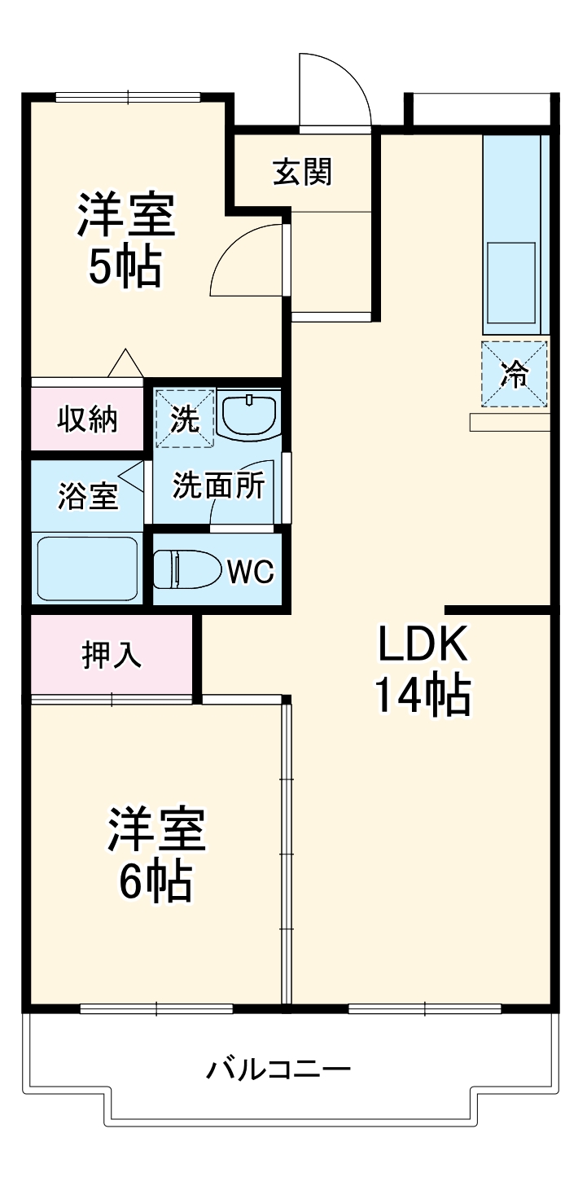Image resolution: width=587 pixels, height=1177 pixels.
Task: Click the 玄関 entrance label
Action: click(x=302, y=172)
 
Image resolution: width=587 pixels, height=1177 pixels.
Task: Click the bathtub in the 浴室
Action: click(x=88, y=568)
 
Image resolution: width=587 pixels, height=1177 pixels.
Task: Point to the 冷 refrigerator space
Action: click(x=514, y=375)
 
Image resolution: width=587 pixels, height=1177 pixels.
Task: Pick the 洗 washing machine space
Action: click(x=184, y=418)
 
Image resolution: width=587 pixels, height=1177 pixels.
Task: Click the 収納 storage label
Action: click(x=87, y=419)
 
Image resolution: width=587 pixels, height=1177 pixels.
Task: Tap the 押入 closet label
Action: click(x=112, y=655)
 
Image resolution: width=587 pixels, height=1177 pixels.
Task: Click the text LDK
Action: click(x=422, y=645)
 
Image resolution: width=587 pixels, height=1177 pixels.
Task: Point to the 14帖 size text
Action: click(x=422, y=696)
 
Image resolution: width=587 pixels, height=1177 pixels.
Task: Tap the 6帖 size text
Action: click(x=156, y=881)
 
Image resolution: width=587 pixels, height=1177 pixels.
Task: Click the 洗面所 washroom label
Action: click(x=218, y=486)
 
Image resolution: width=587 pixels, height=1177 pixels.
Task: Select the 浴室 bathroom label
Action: click(x=88, y=495)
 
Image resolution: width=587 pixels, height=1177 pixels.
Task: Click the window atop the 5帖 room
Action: click(x=128, y=97)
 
